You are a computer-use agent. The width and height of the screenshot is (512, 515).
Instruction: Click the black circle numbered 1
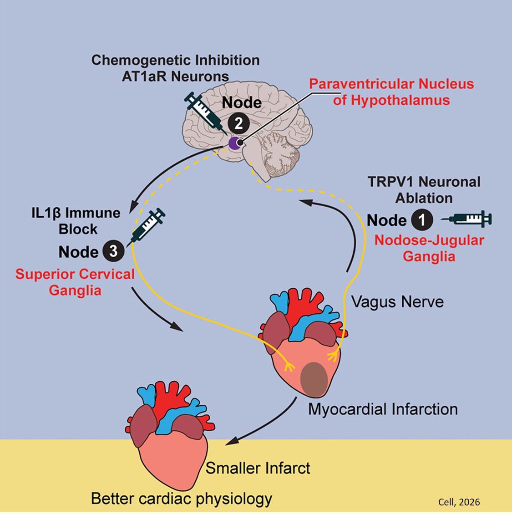tap(422, 220)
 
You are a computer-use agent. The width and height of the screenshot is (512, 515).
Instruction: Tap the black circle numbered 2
tap(238, 123)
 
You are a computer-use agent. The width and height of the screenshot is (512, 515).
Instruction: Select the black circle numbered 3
tap(113, 252)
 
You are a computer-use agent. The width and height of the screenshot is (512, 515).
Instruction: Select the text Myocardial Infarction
tap(383, 409)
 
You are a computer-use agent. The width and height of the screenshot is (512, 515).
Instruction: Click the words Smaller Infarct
tap(258, 468)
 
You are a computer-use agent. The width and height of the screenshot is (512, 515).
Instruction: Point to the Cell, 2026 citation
tap(458, 502)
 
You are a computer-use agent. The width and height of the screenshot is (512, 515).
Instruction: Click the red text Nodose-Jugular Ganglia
tap(429, 248)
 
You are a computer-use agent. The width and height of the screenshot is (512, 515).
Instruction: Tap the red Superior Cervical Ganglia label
tap(75, 282)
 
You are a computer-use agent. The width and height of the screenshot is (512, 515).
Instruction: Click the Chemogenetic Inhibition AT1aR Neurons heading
tap(175, 68)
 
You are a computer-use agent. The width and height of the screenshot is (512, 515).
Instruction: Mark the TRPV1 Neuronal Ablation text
tap(424, 190)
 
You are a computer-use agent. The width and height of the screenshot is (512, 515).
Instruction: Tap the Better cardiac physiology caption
tap(182, 498)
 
